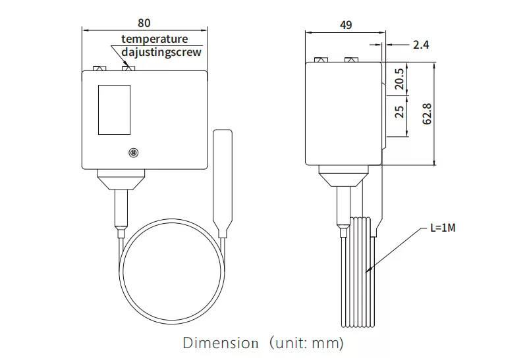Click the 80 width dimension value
click(144, 23)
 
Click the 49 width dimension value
click(345, 25)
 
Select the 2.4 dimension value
click(421, 45)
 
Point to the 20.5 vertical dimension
click(399, 79)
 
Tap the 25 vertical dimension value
click(399, 112)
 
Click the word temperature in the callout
click(154, 39)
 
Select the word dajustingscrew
click(161, 52)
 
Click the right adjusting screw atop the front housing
click(128, 67)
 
